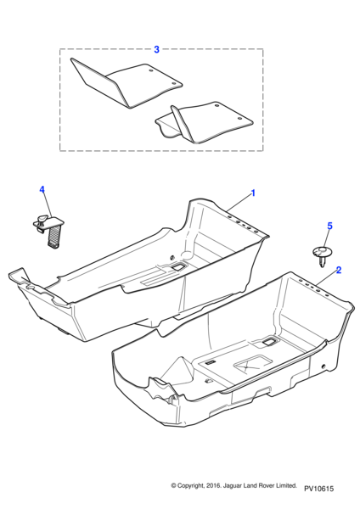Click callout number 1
click(x=253, y=193)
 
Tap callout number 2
click(x=339, y=270)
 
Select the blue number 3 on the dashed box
click(x=156, y=50)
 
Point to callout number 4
click(x=42, y=189)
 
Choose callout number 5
click(x=329, y=226)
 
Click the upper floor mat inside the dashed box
click(x=127, y=83)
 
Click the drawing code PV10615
click(x=318, y=489)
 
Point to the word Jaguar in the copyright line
click(x=231, y=485)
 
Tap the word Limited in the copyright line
click(x=286, y=485)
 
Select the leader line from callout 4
click(x=48, y=204)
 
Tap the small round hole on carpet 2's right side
click(x=323, y=366)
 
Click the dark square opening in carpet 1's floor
click(x=178, y=267)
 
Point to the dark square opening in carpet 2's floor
click(x=269, y=341)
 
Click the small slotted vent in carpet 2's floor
click(x=211, y=362)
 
